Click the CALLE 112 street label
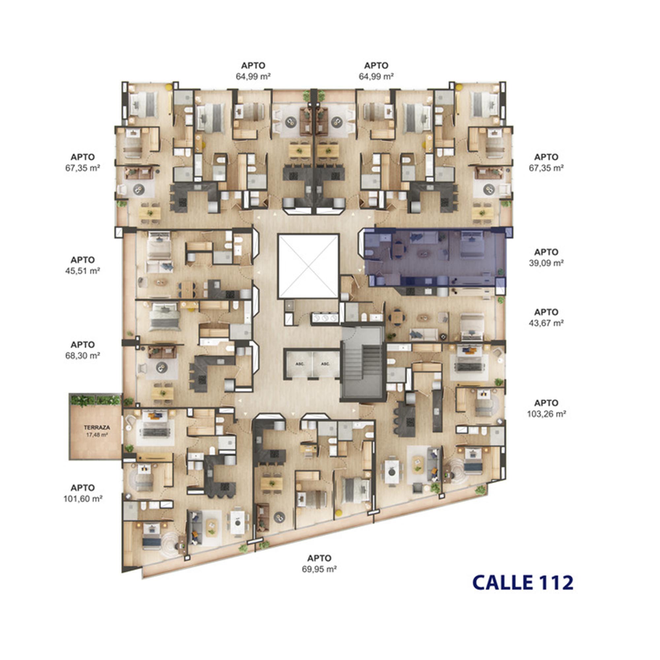click(523, 582)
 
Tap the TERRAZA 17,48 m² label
click(97, 431)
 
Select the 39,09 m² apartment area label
click(546, 263)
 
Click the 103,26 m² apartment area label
click(546, 414)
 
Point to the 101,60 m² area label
click(83, 499)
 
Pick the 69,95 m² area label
click(319, 569)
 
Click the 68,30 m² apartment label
click(83, 356)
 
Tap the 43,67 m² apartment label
click(546, 323)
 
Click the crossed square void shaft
click(309, 266)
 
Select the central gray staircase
click(363, 363)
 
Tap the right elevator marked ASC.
click(326, 364)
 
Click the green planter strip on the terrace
click(95, 400)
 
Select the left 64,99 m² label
click(253, 76)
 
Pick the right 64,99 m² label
click(376, 76)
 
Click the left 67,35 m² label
click(83, 168)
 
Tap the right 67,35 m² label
click(546, 168)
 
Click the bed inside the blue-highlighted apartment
click(472, 244)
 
